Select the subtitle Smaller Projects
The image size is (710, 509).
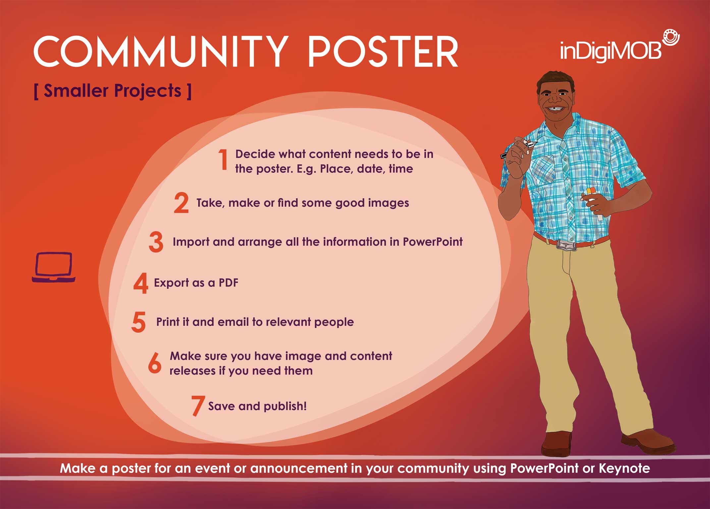point(113,91)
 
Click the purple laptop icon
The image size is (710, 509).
point(54,267)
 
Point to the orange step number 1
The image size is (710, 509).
point(223,159)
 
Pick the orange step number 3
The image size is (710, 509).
point(156,242)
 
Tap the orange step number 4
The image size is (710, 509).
point(140,283)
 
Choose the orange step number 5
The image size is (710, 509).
point(138,322)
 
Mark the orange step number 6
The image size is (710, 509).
point(154,363)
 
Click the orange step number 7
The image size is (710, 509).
point(198,406)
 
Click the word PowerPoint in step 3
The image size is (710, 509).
point(433,242)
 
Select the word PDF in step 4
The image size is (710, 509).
point(229,283)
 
